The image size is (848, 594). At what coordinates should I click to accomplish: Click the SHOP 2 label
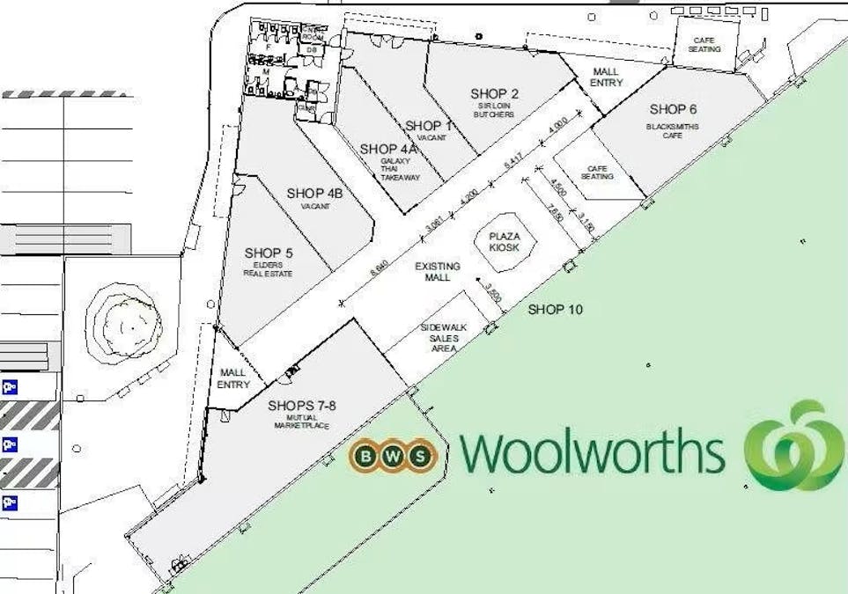494,94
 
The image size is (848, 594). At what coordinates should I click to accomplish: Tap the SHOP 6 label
674,109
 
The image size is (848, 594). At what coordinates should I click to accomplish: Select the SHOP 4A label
388,149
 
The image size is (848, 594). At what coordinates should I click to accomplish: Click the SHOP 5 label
269,253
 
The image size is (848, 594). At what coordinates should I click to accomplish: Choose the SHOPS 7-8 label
301,406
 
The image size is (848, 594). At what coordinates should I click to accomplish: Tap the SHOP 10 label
555,310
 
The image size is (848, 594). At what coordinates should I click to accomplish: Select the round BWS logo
393,455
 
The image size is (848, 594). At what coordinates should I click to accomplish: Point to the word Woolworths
592,452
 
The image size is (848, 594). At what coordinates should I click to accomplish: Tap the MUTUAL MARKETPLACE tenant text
301,422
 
